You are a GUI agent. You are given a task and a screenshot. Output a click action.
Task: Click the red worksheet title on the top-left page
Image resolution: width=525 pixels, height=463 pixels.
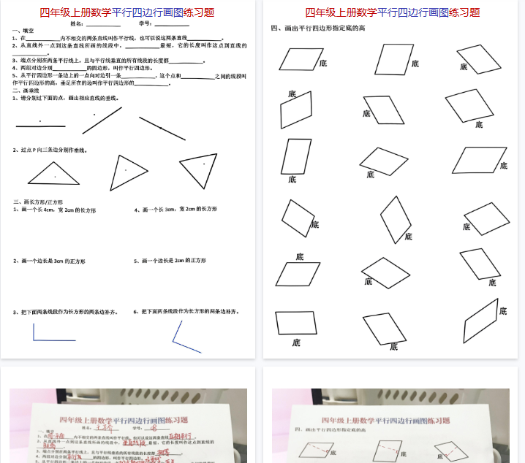pos(127,12)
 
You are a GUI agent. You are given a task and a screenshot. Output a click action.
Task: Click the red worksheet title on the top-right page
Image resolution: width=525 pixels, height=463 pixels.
pos(393,12)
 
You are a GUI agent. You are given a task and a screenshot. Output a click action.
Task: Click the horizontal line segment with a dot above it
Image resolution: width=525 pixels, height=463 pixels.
pos(40,126)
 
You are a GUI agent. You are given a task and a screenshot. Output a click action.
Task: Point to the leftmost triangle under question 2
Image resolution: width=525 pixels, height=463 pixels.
pos(54,173)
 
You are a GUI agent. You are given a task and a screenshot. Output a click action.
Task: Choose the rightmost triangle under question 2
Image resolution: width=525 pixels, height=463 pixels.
pos(200,169)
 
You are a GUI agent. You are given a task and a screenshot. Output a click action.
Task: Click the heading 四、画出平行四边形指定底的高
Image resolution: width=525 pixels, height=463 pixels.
pos(317,28)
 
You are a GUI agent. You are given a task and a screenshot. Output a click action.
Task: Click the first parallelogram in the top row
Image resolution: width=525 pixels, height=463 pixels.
pos(301,59)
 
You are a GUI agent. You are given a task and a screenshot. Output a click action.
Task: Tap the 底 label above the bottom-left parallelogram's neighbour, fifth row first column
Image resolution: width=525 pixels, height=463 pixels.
pos(299,256)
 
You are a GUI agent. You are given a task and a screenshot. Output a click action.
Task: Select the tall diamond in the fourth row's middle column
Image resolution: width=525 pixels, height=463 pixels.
pos(396,219)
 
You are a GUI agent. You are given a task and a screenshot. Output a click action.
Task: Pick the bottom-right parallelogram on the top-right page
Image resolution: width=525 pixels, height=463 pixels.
pos(481,321)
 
